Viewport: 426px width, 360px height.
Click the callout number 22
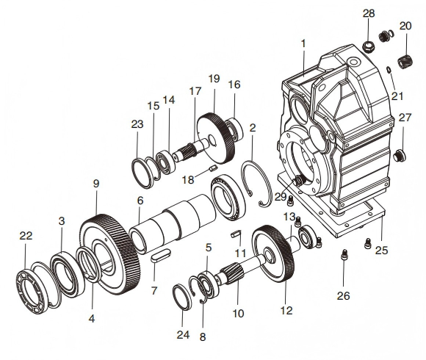tap(26, 236)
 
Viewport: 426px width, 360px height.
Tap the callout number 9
tap(96, 184)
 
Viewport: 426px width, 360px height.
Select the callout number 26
tap(344, 295)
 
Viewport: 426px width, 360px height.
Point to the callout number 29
tap(281, 196)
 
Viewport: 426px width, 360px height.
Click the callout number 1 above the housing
tap(303, 43)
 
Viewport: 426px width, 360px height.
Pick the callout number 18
tap(188, 179)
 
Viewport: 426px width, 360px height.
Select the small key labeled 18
tap(213, 168)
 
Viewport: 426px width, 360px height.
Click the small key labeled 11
tap(235, 234)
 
